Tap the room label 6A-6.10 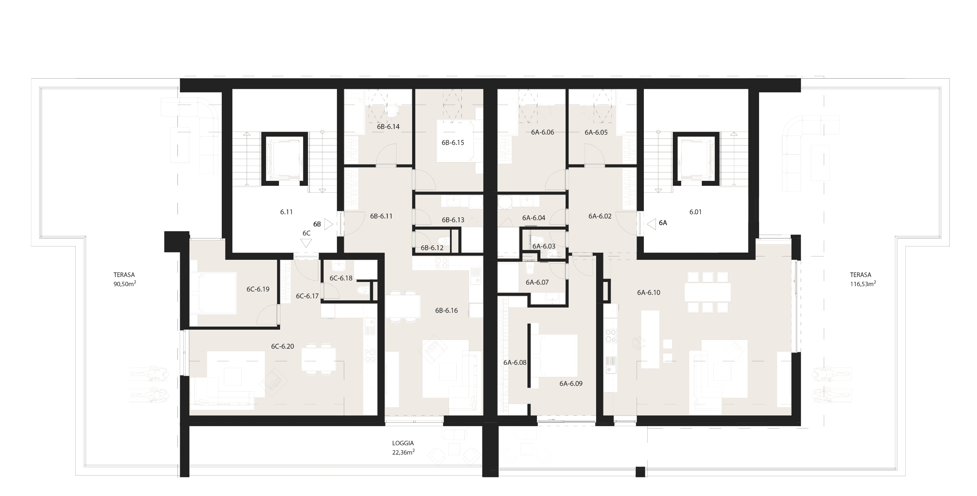pyautogui.click(x=648, y=293)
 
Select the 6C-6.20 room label pyautogui.click(x=282, y=346)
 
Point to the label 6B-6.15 pyautogui.click(x=453, y=143)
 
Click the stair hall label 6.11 pyautogui.click(x=286, y=212)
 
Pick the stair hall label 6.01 pyautogui.click(x=695, y=212)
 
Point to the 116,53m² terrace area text pyautogui.click(x=863, y=284)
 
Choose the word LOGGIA pyautogui.click(x=403, y=443)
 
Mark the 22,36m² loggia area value pyautogui.click(x=403, y=453)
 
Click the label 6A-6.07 pyautogui.click(x=537, y=282)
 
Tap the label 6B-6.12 pyautogui.click(x=432, y=248)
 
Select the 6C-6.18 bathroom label pyautogui.click(x=341, y=278)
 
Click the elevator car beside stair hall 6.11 pyautogui.click(x=284, y=158)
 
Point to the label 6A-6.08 pyautogui.click(x=515, y=362)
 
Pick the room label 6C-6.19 pyautogui.click(x=258, y=289)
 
